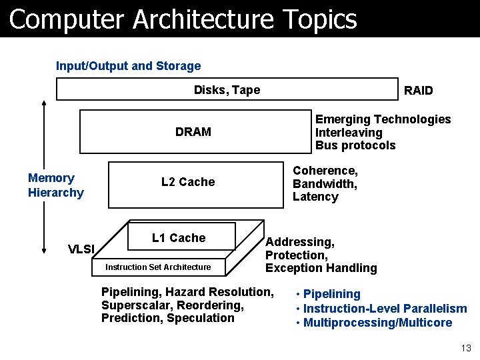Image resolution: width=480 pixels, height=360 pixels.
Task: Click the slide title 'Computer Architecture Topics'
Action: [183, 19]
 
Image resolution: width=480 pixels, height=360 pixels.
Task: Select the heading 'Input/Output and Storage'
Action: [128, 66]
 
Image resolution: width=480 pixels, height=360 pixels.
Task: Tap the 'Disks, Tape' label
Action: [227, 90]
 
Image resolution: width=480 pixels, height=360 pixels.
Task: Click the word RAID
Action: [419, 91]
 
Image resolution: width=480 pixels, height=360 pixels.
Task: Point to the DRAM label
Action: [193, 132]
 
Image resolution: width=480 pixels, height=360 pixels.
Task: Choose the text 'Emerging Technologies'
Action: [383, 119]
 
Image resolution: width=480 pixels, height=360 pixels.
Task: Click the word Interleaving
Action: [349, 133]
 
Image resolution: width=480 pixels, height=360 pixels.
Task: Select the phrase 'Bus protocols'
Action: [355, 145]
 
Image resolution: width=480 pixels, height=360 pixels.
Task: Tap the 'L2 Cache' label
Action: [188, 182]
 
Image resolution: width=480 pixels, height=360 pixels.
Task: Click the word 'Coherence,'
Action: [325, 171]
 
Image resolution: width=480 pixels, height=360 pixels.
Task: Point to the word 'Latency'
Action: [315, 197]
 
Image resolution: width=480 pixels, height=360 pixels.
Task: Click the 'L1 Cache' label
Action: [179, 238]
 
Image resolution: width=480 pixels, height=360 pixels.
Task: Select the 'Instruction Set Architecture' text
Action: [159, 267]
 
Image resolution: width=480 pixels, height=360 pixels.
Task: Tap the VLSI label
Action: [82, 249]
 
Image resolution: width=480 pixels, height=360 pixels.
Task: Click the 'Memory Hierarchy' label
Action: [56, 185]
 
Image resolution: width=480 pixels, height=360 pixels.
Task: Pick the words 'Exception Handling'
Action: [321, 268]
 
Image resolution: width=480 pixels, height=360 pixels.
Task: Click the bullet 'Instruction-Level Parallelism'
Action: [385, 308]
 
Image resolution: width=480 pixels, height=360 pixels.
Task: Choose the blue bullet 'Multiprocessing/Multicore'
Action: [377, 323]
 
